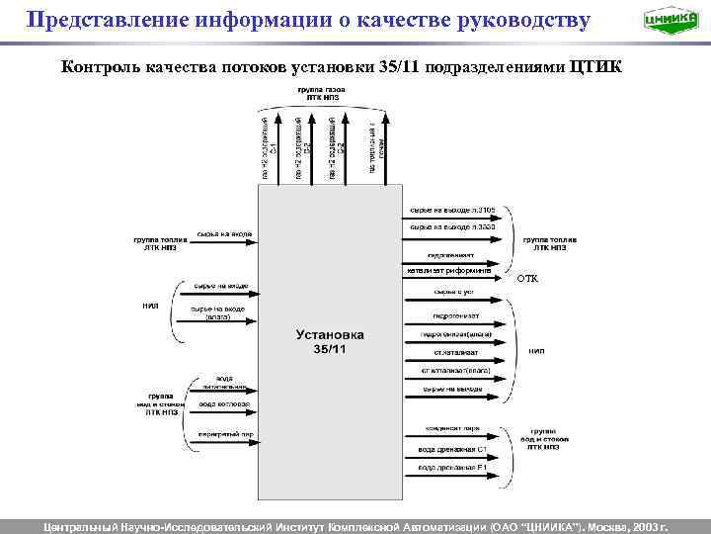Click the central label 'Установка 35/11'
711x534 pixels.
[x=331, y=342]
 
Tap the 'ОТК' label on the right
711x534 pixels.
[x=528, y=280]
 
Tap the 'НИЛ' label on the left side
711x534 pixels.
[x=151, y=306]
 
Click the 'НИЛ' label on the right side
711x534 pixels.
[x=537, y=351]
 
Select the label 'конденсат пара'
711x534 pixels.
[x=452, y=428]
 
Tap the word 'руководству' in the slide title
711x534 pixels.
[x=514, y=19]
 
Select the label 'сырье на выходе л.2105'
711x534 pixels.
[x=452, y=211]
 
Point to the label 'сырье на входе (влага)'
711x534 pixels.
[x=218, y=313]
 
